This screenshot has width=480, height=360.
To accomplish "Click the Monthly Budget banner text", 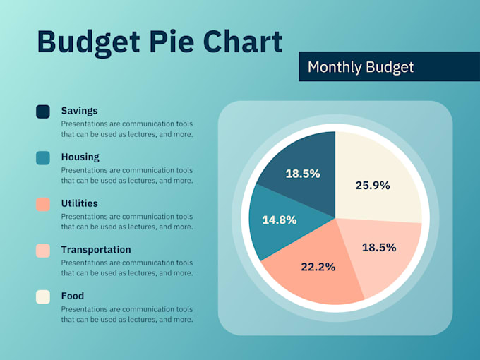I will [361, 67].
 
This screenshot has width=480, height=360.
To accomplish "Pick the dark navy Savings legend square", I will [43, 112].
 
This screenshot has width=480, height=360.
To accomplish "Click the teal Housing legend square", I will [43, 158].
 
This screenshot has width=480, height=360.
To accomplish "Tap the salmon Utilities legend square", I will [43, 204].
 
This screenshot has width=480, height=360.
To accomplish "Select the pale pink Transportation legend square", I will [43, 251].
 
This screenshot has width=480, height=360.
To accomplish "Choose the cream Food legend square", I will [43, 296].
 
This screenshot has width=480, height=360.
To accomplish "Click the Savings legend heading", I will [79, 111].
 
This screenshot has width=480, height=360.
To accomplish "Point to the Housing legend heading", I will [80, 157].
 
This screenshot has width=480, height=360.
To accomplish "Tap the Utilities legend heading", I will [79, 203].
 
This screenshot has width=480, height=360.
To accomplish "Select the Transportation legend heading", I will [96, 249].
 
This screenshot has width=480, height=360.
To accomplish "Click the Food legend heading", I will [72, 296].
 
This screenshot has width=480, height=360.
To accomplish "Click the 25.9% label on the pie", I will [373, 186].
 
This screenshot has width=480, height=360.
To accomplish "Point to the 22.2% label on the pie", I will [318, 266].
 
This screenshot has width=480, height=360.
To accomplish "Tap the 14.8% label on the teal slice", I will [279, 220].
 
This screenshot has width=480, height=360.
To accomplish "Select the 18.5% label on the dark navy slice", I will [302, 173].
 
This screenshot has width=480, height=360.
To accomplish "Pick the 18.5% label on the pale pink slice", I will [379, 247].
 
